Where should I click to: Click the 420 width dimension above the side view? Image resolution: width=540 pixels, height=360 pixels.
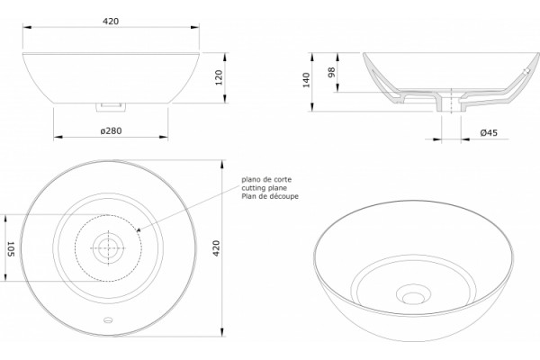[111, 22]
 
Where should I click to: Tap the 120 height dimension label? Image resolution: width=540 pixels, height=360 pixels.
[219, 77]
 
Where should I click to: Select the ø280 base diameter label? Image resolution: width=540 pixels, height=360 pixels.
[111, 130]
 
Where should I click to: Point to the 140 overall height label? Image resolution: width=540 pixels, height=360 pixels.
[306, 80]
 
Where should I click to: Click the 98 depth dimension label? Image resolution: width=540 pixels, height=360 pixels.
[331, 72]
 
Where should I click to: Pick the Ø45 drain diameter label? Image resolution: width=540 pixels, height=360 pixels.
[489, 132]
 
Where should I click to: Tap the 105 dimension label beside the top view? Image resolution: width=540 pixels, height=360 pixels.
[10, 248]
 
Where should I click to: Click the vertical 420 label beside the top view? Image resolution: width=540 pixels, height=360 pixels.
[216, 248]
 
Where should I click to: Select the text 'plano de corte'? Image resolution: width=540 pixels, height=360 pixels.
[266, 179]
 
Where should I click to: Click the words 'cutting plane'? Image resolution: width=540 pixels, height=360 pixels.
[264, 188]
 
